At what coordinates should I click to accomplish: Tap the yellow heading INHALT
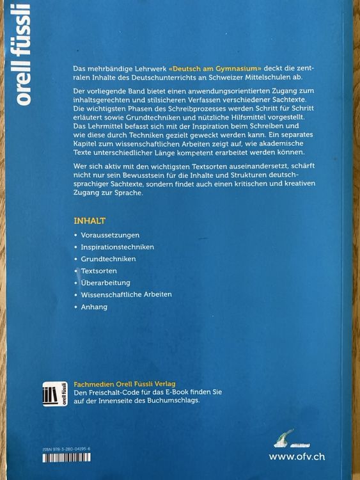pyautogui.click(x=90, y=220)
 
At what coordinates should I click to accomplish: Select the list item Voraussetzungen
pyautogui.click(x=110, y=235)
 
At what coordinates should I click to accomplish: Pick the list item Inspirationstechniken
pyautogui.click(x=118, y=246)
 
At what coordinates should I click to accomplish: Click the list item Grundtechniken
pyautogui.click(x=109, y=259)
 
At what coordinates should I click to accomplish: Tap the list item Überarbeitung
pyautogui.click(x=106, y=283)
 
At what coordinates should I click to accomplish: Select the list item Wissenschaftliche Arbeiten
pyautogui.click(x=127, y=295)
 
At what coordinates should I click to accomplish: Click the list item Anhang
pyautogui.click(x=95, y=307)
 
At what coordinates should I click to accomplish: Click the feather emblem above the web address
pyautogui.click(x=283, y=436)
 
